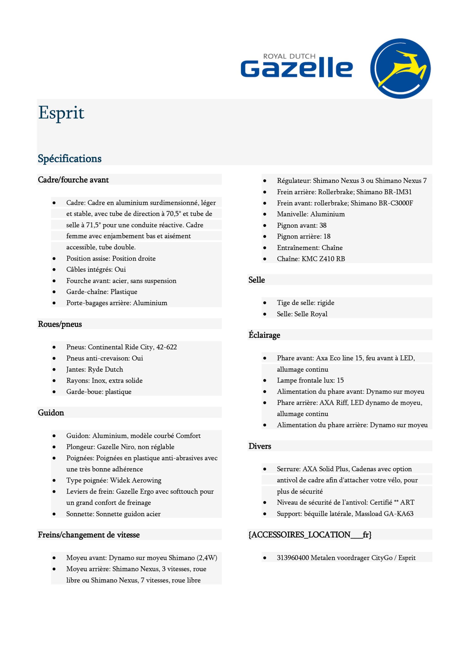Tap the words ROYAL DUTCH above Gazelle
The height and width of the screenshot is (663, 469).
pos(289,56)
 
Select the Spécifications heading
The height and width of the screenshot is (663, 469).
pos(70,158)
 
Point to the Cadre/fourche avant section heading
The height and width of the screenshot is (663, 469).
pos(73,180)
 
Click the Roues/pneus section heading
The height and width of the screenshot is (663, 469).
pos(60,324)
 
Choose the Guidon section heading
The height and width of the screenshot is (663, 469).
pos(51,413)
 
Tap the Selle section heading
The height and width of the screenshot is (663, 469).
pos(256,280)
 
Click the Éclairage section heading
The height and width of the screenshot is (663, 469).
pos(264,335)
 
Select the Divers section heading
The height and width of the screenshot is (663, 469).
pos(260,446)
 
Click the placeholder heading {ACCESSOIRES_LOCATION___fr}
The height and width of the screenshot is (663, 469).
pos(310,535)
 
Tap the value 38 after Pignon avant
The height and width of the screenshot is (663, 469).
pos(323,225)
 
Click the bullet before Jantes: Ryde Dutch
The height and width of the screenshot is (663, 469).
pos(54,370)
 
